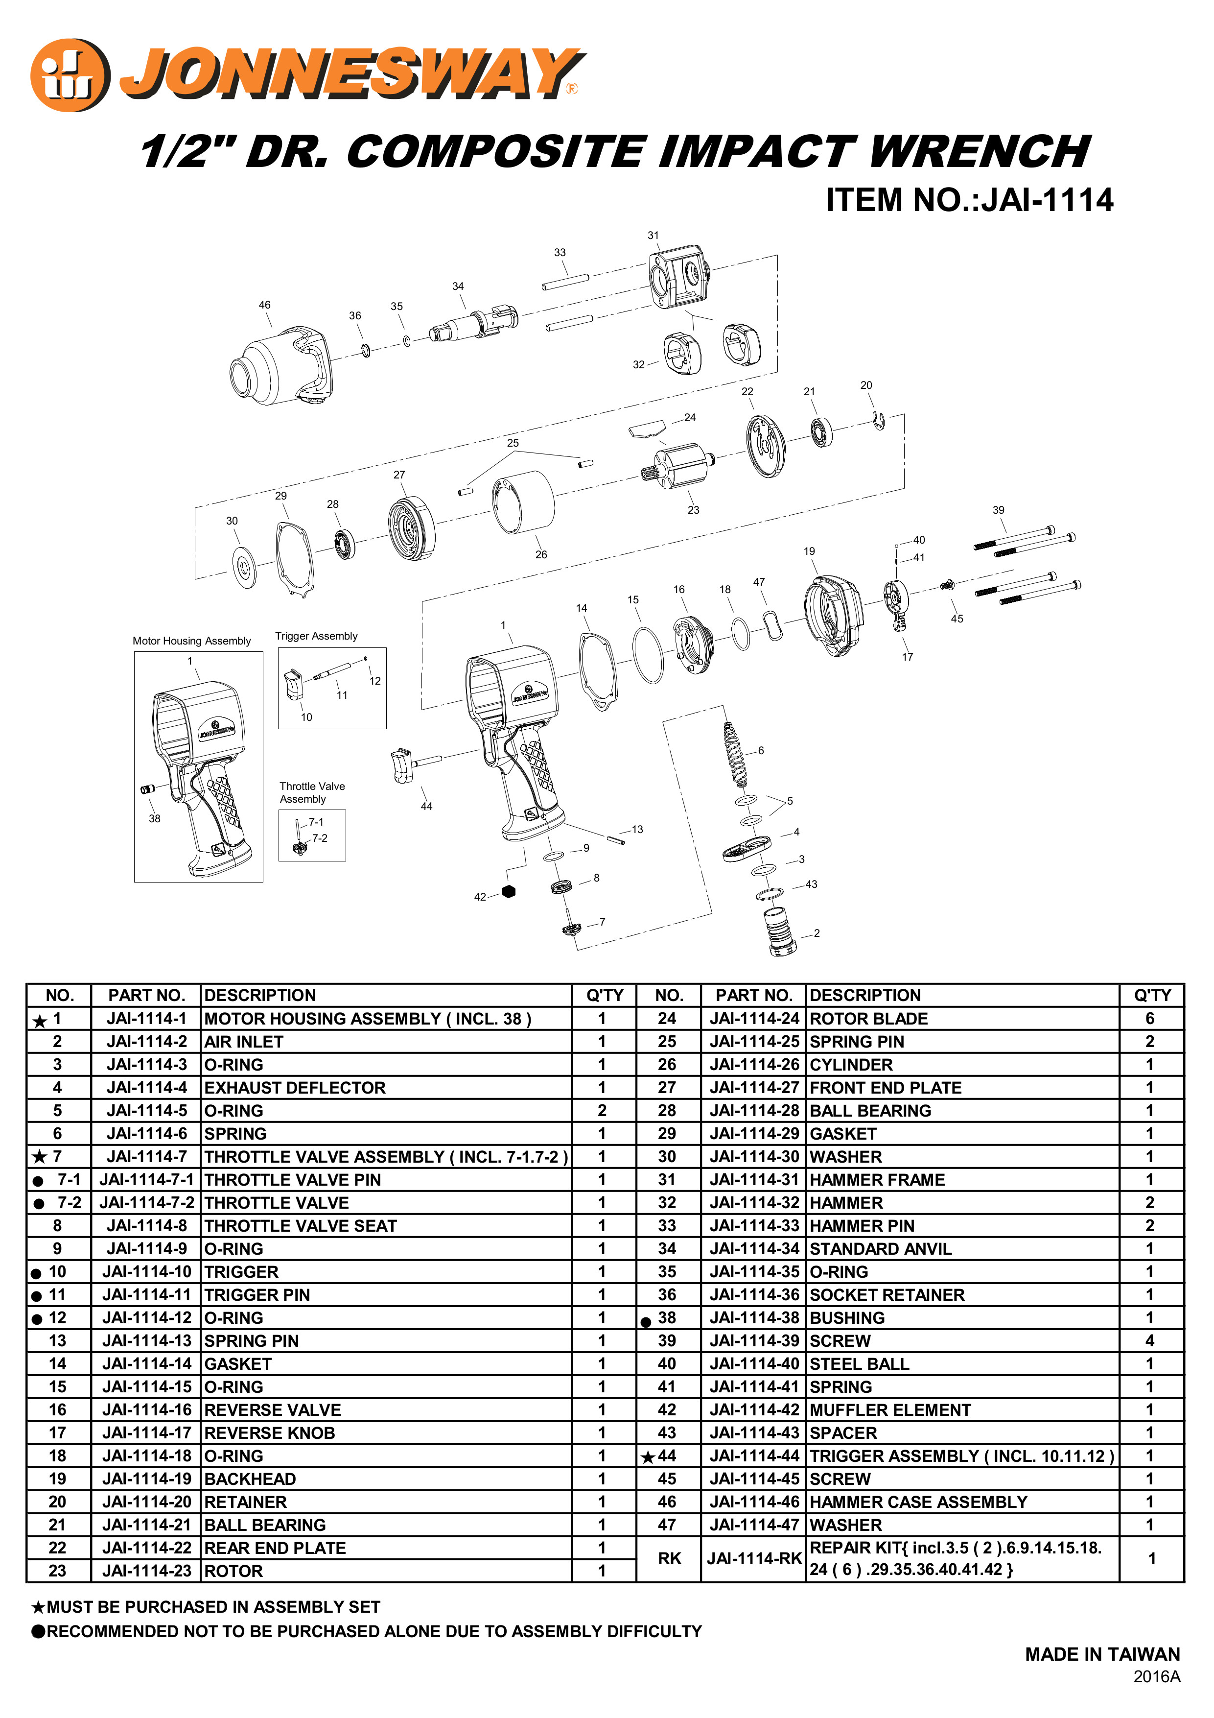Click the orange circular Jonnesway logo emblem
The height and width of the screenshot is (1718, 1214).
tap(69, 75)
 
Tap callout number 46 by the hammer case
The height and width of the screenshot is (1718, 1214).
tap(265, 305)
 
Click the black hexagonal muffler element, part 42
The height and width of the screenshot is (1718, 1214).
tap(509, 891)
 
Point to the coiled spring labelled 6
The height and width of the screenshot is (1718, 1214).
tap(736, 754)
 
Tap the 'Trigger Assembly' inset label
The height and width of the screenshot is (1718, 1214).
tap(316, 637)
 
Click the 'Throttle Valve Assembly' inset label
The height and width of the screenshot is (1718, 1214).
tap(312, 792)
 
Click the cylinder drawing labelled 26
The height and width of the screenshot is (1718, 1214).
tap(524, 503)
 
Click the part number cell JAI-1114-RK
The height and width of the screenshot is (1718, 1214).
tap(754, 1559)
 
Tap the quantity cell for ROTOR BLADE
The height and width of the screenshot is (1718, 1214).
tap(1150, 1018)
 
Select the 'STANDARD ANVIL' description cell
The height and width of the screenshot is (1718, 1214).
tap(880, 1249)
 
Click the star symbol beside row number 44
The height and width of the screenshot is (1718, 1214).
tap(648, 1457)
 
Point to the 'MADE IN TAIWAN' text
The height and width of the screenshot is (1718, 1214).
tap(1102, 1654)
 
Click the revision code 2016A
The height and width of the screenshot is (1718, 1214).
tap(1156, 1677)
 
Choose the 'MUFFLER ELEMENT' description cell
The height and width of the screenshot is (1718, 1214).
tap(890, 1410)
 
